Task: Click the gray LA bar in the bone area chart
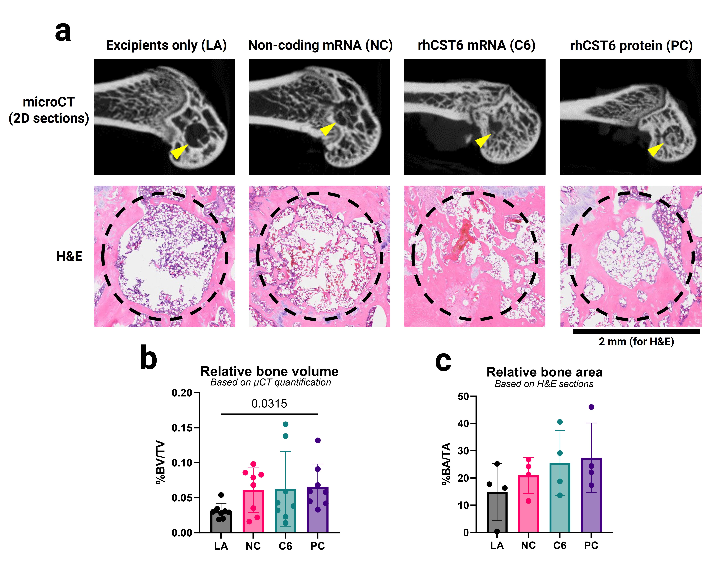point(497,512)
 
